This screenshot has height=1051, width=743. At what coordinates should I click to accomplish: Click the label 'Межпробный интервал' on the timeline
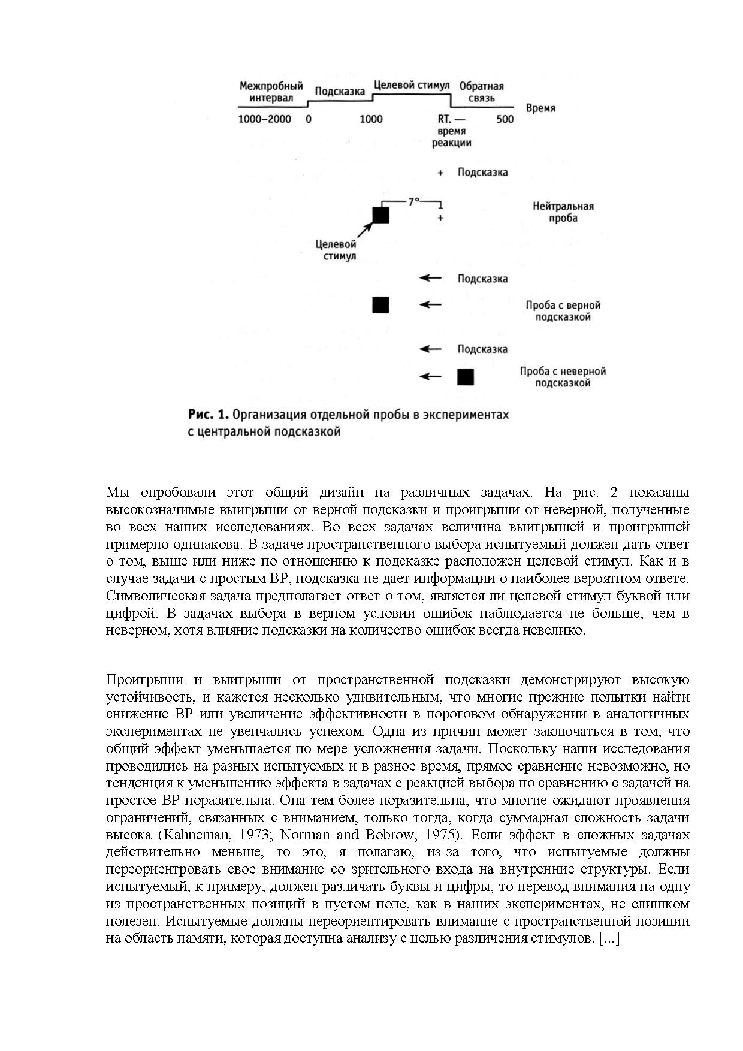271,92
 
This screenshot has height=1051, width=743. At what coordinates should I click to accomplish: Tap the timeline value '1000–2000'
264,119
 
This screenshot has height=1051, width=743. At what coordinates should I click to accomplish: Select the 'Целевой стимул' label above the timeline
411,85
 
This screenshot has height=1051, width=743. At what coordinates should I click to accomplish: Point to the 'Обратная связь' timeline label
481,92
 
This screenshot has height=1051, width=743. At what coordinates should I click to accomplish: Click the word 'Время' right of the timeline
540,108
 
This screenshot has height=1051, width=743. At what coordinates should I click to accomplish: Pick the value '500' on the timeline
505,119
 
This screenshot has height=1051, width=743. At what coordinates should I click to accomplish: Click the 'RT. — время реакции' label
452,131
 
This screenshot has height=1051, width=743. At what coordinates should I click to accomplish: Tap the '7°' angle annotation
414,203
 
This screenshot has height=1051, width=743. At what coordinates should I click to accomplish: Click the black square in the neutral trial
380,215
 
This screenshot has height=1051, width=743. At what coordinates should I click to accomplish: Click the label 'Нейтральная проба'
563,212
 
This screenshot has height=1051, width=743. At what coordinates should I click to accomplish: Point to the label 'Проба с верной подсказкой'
563,311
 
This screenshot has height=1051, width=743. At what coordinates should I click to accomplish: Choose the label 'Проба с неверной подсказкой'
563,377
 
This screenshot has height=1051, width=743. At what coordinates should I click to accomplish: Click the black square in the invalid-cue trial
466,377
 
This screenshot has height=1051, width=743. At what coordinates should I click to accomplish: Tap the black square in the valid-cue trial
380,305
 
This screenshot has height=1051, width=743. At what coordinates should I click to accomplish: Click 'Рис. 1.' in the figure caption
208,415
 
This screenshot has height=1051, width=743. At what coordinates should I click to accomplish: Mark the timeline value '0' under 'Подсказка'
309,119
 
